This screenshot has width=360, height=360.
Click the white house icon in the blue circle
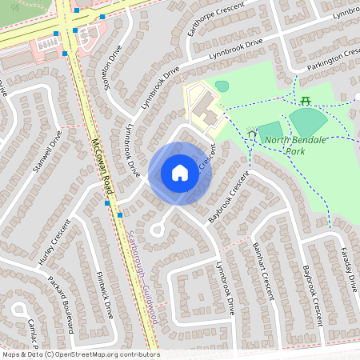coord(179,173)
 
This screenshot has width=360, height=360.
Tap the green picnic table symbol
coord(306,100)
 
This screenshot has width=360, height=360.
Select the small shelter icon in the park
coord(252,134)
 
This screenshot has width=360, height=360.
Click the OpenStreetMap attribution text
coord(80,354)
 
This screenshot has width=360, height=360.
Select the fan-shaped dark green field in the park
coord(308,122)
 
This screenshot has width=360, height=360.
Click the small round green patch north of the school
coord(222,86)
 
